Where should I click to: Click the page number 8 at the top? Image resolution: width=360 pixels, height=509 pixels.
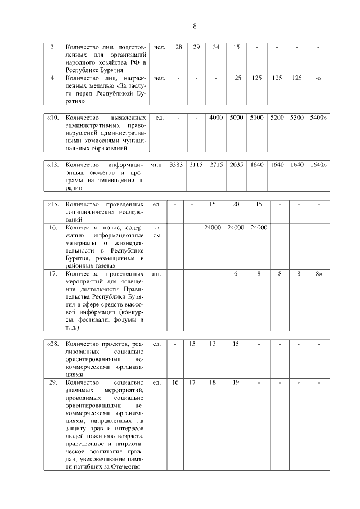pos(195,26)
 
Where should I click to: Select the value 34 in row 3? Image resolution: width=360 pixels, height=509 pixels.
pos(216,47)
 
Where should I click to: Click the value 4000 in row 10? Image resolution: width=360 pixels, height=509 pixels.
pos(216,118)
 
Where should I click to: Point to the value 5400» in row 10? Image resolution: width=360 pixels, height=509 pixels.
pos(318,118)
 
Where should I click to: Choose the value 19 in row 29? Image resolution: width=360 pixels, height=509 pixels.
pos(236,382)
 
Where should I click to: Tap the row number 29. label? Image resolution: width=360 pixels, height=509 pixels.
pos(52,382)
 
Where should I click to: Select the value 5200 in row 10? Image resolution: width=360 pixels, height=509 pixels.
pos(277,118)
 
